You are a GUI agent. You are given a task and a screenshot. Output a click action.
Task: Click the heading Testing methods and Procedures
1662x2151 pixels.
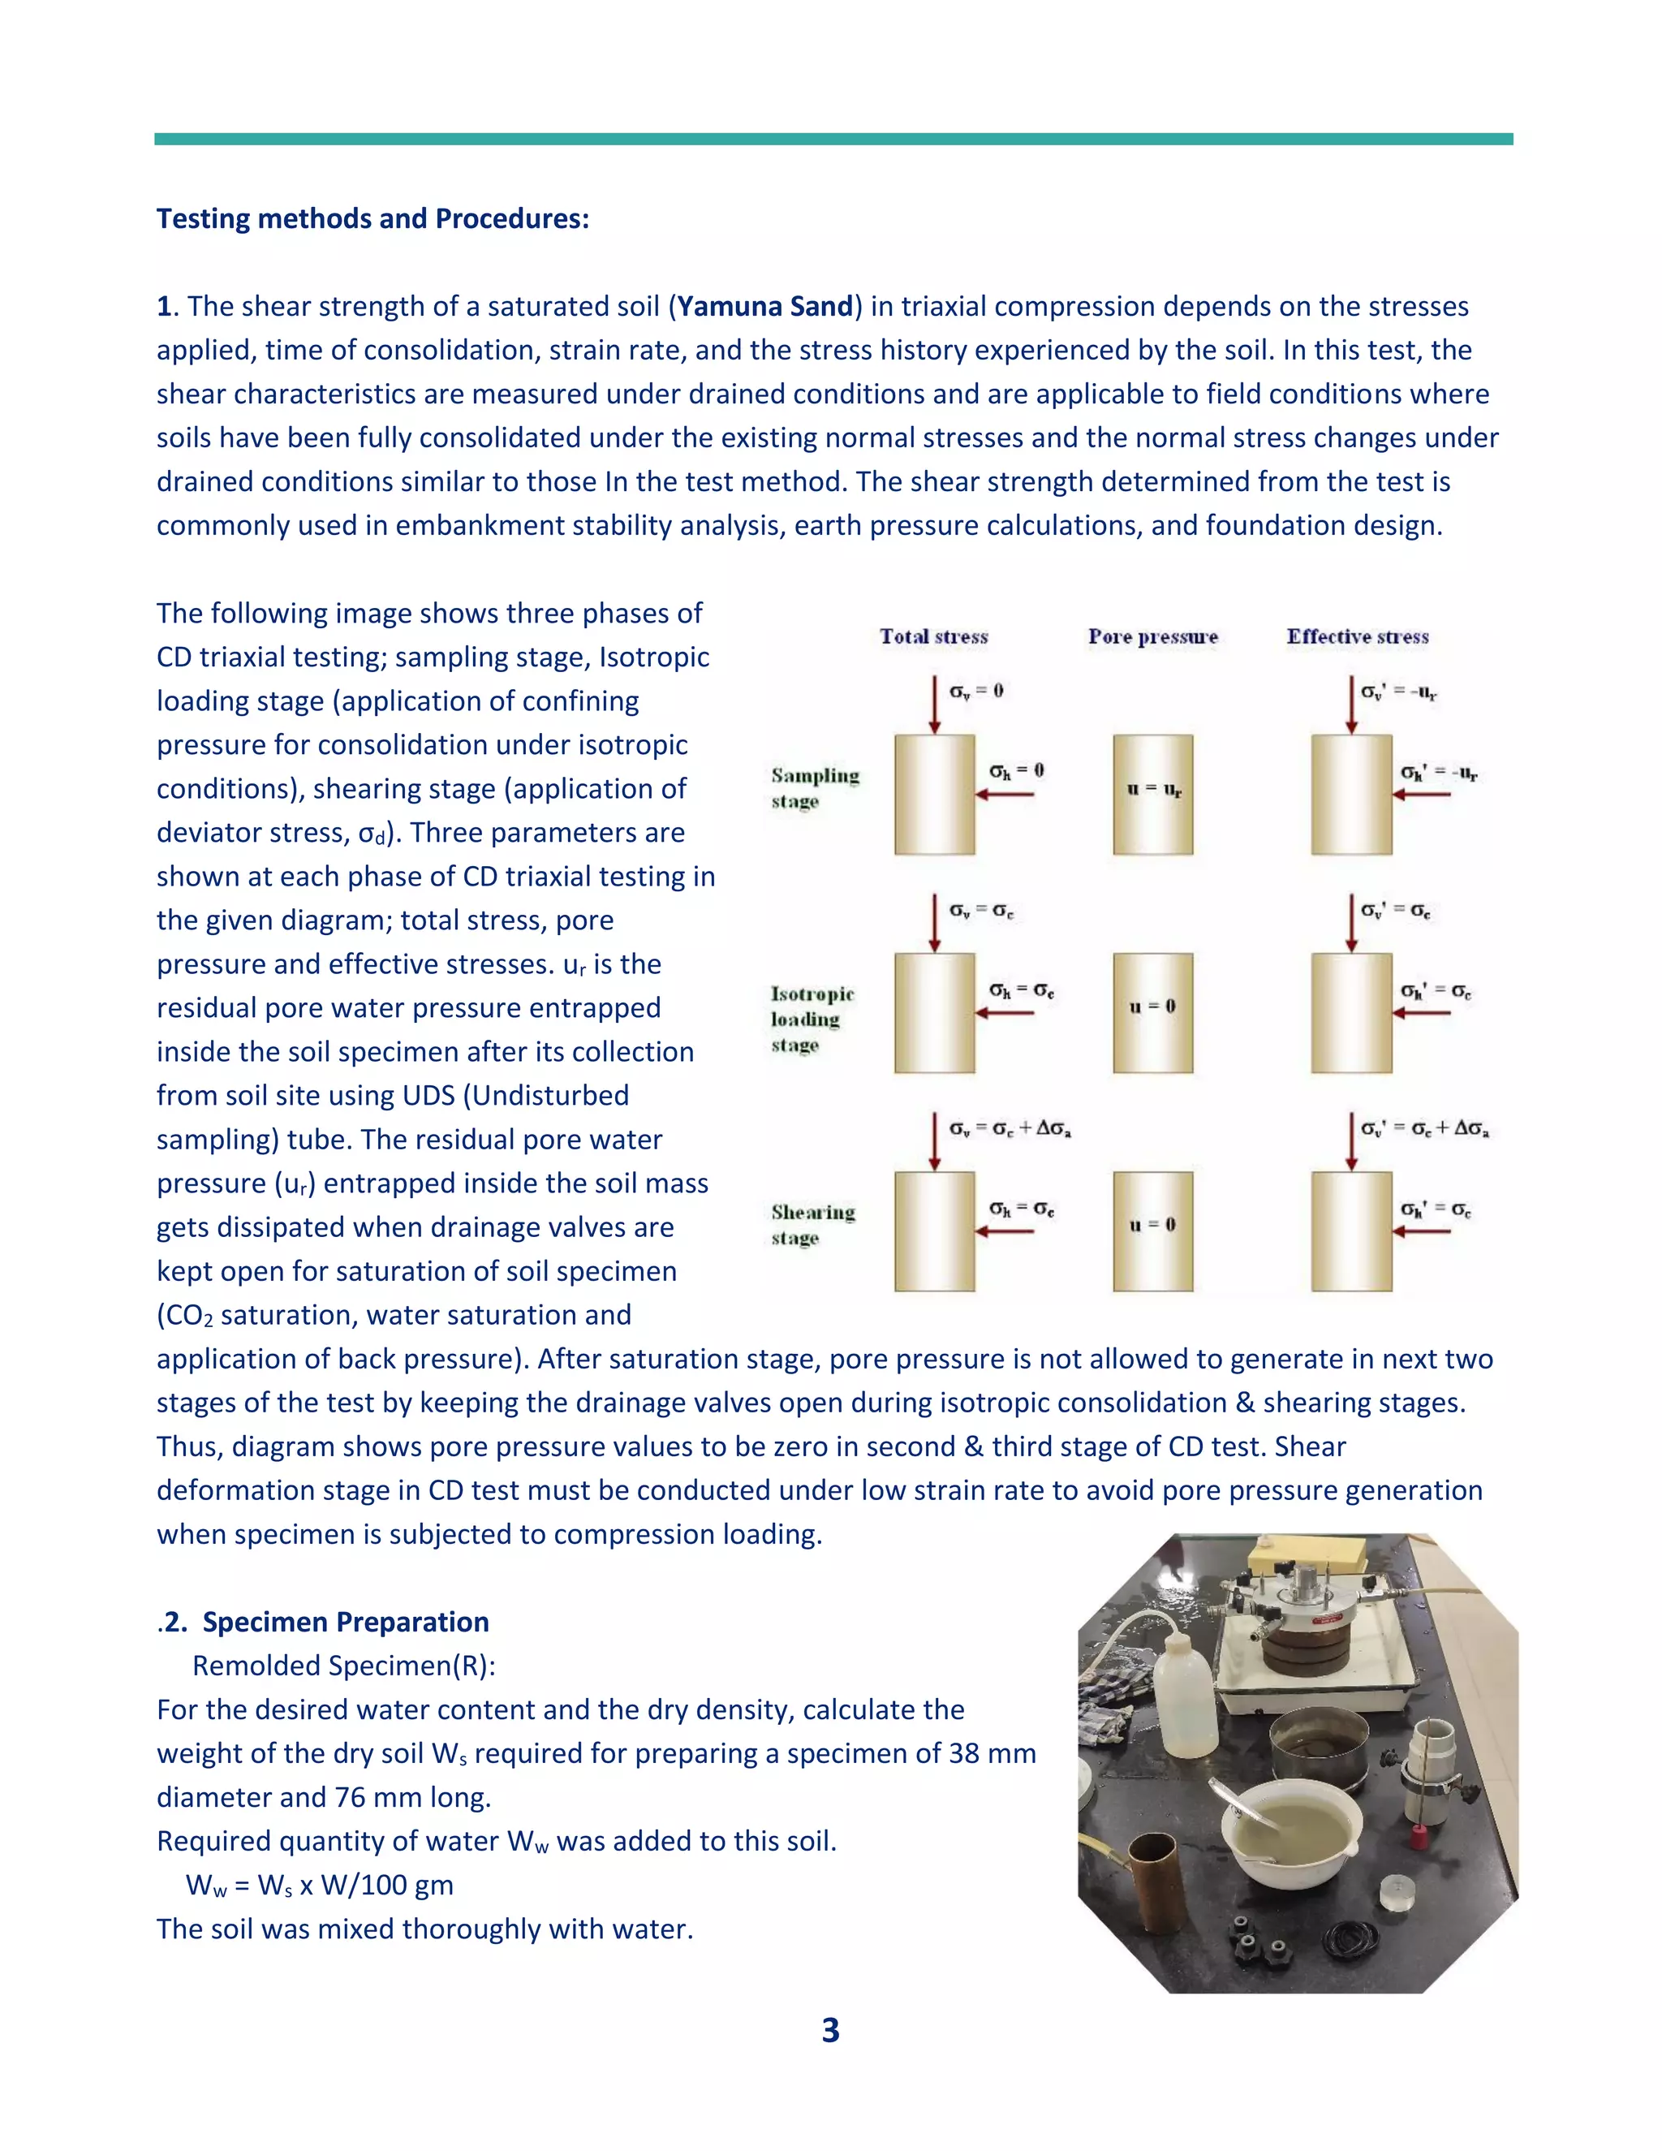[x=372, y=218]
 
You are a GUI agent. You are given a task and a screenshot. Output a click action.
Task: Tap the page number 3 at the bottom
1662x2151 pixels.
[x=830, y=2030]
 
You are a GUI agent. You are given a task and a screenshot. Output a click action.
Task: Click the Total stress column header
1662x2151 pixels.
[x=933, y=637]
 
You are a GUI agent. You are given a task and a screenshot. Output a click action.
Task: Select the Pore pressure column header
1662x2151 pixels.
[x=1152, y=637]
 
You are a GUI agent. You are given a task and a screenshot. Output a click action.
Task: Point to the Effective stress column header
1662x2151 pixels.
[x=1357, y=637]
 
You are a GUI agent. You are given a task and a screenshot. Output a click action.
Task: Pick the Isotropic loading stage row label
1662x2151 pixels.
[x=812, y=1019]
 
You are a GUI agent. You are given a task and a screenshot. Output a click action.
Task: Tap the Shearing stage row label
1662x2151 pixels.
[x=812, y=1224]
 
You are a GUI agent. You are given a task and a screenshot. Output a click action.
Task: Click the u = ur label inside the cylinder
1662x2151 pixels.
[x=1153, y=790]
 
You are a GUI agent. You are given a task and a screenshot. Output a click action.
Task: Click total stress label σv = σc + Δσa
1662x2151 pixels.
[x=1010, y=1129]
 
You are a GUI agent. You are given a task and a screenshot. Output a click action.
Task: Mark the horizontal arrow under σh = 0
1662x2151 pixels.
[x=1005, y=795]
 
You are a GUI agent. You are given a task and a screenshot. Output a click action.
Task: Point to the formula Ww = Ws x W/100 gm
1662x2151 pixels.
[x=319, y=1885]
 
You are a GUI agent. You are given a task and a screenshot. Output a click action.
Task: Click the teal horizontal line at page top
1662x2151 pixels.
[x=833, y=140]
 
